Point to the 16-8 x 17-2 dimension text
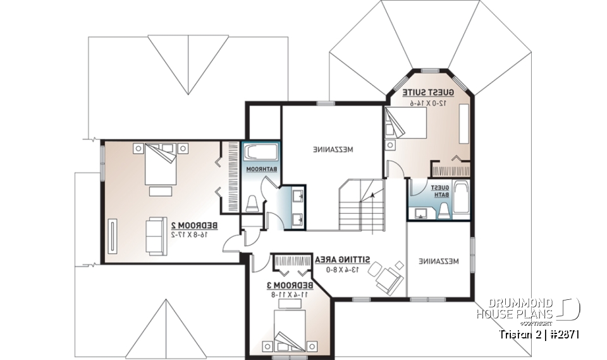pos(194,234)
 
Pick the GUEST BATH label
pos(440,191)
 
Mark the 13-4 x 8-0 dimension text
pos(343,269)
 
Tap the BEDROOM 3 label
pos(286,285)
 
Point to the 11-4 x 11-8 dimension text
pos(286,294)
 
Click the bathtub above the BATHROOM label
pos(261,153)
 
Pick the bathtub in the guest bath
pos(461,199)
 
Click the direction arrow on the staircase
pos(374,195)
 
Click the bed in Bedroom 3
pos(290,330)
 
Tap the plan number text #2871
pos(562,333)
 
